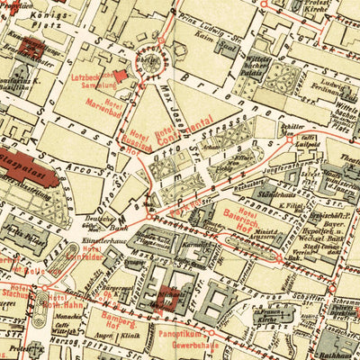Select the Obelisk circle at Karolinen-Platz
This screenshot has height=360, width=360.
[x=144, y=62]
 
